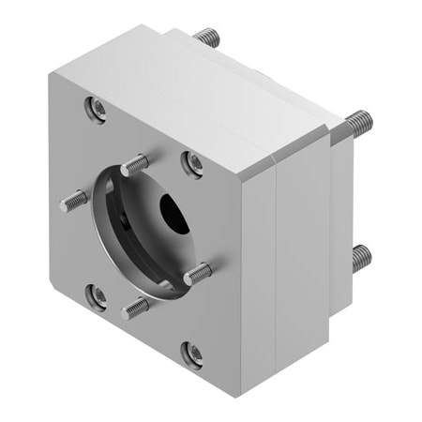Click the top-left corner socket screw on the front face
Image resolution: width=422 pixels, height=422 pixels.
tap(98, 109)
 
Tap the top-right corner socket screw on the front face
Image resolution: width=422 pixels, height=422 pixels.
tap(193, 164)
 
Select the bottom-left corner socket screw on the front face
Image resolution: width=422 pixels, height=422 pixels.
tap(98, 295)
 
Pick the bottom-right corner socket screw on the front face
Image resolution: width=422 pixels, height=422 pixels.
tap(192, 353)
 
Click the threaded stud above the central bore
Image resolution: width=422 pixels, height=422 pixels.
tap(134, 165)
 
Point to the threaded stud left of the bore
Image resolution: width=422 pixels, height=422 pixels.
tap(74, 199)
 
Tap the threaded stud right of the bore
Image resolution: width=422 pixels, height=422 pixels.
tap(198, 274)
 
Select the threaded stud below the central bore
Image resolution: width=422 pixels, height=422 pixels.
tap(137, 306)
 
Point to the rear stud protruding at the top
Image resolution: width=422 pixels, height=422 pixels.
tap(207, 38)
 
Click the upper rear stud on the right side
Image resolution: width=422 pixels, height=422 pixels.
tap(357, 122)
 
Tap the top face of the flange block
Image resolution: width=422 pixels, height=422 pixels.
tap(188, 84)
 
